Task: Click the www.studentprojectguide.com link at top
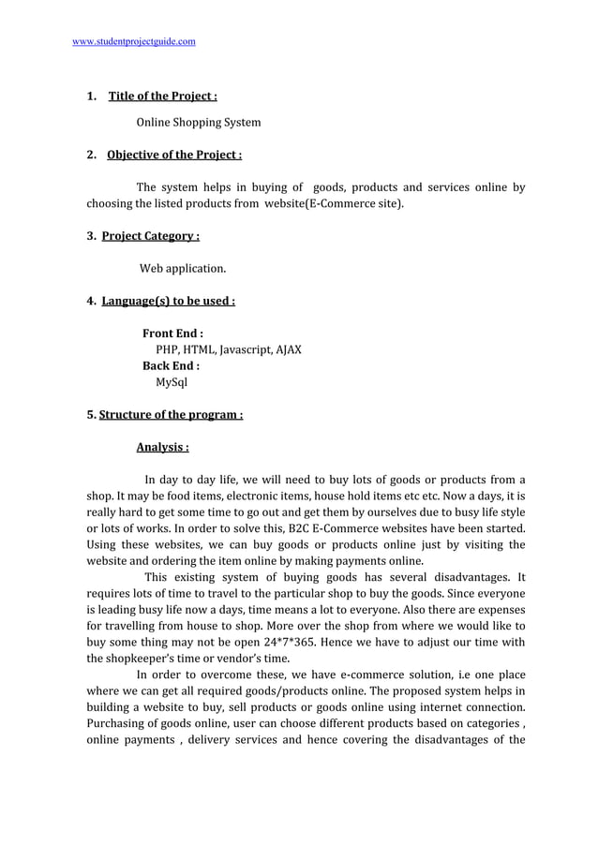click(x=134, y=42)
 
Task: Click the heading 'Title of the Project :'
click(x=163, y=96)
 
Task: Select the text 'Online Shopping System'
click(x=199, y=123)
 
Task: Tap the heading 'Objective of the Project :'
click(x=174, y=156)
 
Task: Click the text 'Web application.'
click(x=183, y=269)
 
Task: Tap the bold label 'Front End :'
click(x=173, y=334)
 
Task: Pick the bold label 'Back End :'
click(x=171, y=366)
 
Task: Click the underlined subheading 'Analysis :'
click(x=163, y=447)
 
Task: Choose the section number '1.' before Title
click(x=92, y=96)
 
